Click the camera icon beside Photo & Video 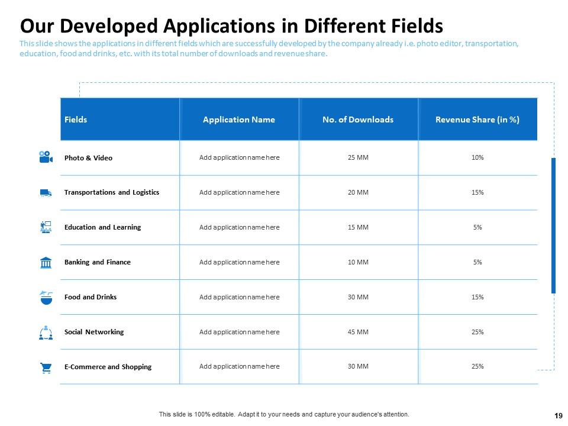46,157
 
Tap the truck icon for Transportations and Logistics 46,192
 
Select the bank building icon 46,262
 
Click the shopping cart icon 46,367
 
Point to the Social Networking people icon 46,333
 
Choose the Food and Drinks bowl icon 46,297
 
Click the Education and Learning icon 46,227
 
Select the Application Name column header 239,120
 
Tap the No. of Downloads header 358,120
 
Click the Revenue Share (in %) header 477,120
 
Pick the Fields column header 76,120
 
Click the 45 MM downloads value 358,332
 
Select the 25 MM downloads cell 358,158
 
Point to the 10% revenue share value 477,158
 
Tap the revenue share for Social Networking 477,332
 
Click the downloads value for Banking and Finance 358,262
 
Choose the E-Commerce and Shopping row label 108,367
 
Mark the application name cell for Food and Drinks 239,297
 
